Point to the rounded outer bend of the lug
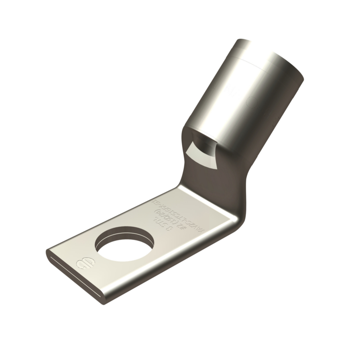click(239, 218)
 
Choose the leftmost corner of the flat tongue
click(48, 252)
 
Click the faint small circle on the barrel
click(252, 102)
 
